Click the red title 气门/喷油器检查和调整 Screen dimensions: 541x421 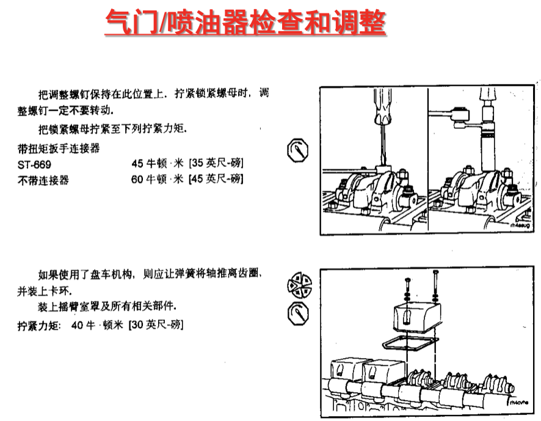click(245, 23)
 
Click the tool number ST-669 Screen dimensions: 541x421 click(34, 165)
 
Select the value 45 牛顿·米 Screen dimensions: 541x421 click(158, 163)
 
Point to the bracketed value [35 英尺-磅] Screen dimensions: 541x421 click(216, 163)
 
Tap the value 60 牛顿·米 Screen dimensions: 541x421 click(157, 179)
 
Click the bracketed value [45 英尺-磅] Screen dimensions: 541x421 click(216, 179)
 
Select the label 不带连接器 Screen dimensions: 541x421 click(43, 180)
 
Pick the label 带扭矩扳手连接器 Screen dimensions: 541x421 click(59, 148)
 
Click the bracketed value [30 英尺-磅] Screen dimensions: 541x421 click(156, 324)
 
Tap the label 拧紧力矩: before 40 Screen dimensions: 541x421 click(39, 326)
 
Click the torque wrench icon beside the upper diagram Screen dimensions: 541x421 click(298, 150)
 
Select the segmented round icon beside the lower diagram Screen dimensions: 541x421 click(299, 285)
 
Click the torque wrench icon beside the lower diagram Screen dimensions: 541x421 click(298, 313)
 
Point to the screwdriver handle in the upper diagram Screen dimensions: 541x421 click(383, 106)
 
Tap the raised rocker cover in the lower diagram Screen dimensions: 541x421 click(417, 317)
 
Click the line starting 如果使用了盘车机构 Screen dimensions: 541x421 click(150, 274)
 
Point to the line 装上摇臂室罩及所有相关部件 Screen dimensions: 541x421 click(107, 306)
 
